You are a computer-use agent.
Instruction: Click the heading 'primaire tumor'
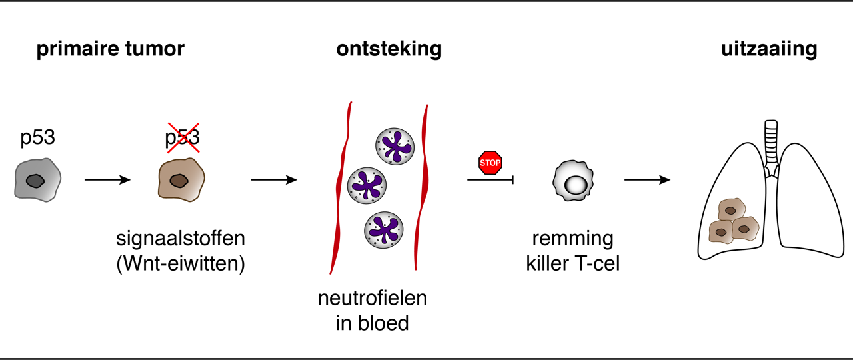pos(110,49)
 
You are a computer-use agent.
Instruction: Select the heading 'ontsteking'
pos(389,49)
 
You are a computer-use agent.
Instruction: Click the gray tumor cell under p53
pos(37,179)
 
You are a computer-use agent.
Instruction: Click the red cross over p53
pos(182,138)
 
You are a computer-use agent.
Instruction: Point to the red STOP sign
pos(490,163)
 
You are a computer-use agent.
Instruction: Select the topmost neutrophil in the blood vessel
pos(395,145)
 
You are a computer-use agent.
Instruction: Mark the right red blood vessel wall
pos(422,187)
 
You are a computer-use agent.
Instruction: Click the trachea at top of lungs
pos(772,143)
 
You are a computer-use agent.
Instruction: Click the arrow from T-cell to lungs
pos(646,179)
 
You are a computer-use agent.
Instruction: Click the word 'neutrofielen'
pos(373,298)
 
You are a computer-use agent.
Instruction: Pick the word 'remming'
pos(572,239)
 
